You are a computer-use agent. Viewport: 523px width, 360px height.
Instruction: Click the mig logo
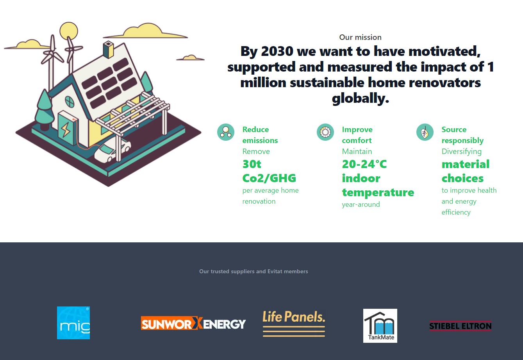click(73, 322)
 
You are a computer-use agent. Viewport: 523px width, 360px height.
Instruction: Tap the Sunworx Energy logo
click(193, 323)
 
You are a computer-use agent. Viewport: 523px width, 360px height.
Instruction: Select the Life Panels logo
click(294, 323)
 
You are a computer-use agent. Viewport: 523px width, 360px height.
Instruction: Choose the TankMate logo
click(380, 326)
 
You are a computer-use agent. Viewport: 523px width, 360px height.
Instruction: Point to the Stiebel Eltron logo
click(461, 326)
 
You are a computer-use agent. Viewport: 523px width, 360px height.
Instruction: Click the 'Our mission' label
click(360, 38)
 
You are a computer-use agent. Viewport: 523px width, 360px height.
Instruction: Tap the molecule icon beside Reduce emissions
click(226, 132)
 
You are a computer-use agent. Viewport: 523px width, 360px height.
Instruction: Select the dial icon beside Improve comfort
click(325, 132)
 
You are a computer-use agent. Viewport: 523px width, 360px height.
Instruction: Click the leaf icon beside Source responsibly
click(425, 132)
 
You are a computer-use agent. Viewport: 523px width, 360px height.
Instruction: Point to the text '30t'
click(252, 164)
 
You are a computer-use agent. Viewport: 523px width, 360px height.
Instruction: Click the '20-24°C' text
click(364, 164)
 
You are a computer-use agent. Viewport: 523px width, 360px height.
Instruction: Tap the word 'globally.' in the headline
click(361, 98)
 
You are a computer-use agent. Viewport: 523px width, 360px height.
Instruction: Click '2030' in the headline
click(277, 51)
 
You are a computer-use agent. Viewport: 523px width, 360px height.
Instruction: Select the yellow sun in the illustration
click(69, 30)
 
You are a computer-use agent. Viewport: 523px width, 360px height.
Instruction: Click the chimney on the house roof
click(108, 49)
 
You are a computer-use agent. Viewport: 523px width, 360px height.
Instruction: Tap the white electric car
click(112, 150)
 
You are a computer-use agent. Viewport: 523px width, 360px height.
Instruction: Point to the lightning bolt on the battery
click(66, 129)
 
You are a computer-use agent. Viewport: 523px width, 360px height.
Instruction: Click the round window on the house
click(70, 102)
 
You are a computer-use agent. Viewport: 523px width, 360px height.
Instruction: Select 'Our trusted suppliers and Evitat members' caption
click(253, 271)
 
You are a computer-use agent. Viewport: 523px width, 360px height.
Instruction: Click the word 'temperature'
click(378, 192)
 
